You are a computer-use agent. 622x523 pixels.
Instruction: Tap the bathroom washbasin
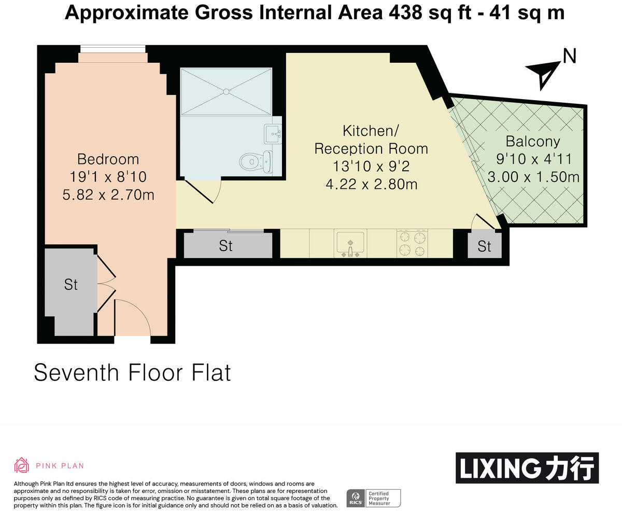click(x=272, y=134)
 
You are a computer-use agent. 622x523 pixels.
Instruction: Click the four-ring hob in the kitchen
click(x=412, y=244)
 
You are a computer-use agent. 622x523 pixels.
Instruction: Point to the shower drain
click(x=225, y=92)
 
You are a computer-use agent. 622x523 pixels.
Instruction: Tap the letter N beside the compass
click(x=570, y=56)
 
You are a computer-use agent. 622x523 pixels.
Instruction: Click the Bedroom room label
click(x=108, y=159)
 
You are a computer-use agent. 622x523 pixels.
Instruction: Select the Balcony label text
click(x=533, y=141)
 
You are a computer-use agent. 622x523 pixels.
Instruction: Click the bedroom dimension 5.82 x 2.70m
click(x=108, y=195)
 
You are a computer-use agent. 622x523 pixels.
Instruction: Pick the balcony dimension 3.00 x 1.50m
click(x=533, y=177)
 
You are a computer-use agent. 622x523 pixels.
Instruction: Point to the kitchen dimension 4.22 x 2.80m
click(x=371, y=184)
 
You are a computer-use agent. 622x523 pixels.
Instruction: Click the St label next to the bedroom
click(x=70, y=284)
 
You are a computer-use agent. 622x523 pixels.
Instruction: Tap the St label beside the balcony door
click(x=484, y=246)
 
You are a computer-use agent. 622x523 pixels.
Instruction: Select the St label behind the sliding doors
click(x=225, y=245)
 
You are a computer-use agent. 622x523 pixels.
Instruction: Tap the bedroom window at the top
click(x=112, y=49)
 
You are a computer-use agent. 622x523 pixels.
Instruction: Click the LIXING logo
click(x=527, y=468)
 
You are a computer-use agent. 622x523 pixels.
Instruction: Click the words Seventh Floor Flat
click(x=132, y=373)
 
